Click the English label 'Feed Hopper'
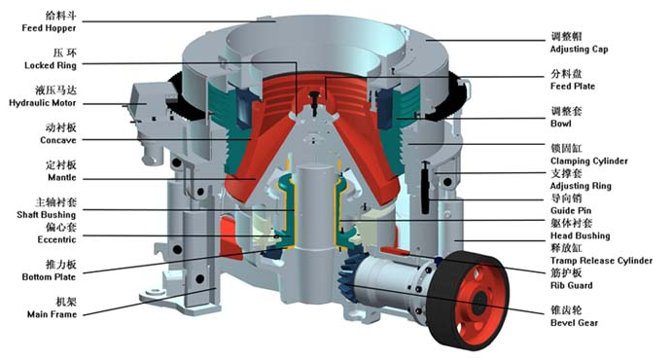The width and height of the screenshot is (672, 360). tap(49, 28)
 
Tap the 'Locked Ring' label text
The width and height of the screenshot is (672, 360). tap(51, 65)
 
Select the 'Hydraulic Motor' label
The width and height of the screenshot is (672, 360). tap(43, 103)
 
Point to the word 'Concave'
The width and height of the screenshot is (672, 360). tap(57, 140)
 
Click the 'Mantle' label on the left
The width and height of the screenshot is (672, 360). tap(61, 177)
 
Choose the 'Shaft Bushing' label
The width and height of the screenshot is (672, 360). tap(47, 215)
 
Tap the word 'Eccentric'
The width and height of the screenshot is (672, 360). tap(56, 239)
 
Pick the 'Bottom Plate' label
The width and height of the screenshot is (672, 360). tap(49, 277)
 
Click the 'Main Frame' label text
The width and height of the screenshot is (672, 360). tap(52, 314)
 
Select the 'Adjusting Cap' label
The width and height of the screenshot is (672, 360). tap(579, 50)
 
